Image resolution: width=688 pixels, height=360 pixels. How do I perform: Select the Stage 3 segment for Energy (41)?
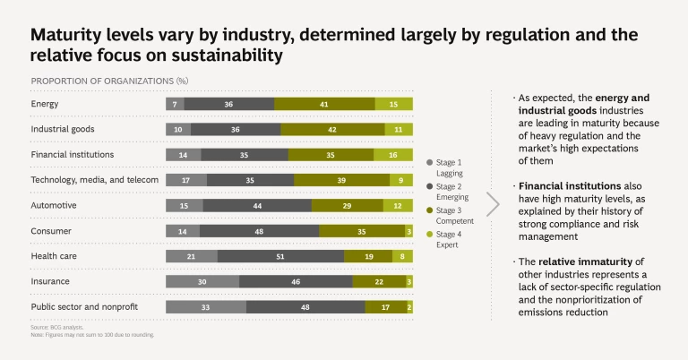[324, 104]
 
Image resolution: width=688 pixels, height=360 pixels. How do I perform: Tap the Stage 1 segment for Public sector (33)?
[206, 307]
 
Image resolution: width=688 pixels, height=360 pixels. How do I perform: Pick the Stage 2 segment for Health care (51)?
[280, 256]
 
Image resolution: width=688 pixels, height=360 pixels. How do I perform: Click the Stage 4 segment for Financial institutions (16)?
[393, 155]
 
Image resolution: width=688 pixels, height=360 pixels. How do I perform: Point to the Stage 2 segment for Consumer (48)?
[259, 231]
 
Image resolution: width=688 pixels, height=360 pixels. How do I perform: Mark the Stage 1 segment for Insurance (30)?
[202, 282]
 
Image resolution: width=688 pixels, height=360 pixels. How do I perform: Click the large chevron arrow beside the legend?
[492, 203]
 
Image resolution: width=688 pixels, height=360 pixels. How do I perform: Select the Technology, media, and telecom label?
[94, 180]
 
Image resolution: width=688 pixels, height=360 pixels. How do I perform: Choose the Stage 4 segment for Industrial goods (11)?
[400, 129]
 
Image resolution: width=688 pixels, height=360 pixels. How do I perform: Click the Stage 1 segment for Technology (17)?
[186, 180]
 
